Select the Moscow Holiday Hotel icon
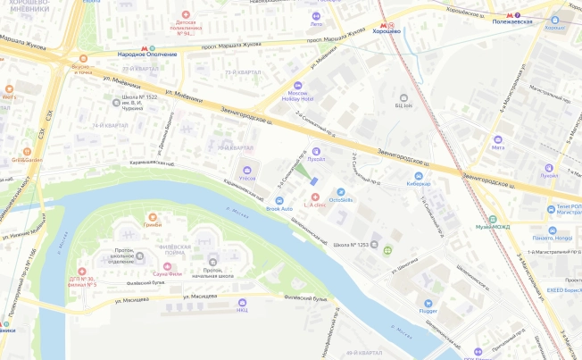[298, 86]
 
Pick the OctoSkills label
[341, 199]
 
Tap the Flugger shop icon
[428, 304]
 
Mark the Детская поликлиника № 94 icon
[186, 15]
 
